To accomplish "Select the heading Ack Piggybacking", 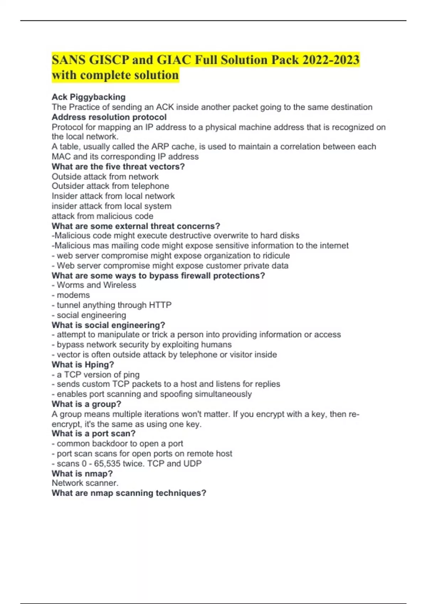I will pos(89,97).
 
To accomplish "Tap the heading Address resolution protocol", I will pos(109,117).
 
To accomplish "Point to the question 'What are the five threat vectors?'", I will pos(118,167).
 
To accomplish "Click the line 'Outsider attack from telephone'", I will pos(110,186).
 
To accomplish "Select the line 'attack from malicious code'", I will pos(102,216).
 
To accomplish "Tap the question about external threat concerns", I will pos(136,226).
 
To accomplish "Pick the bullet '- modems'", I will pos(71,295).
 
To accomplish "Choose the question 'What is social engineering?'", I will pos(108,325).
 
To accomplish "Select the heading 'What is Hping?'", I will pos(83,365).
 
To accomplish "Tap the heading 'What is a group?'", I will pos(86,404).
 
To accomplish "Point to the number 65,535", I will pos(107,464).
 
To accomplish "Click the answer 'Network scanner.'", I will pos(85,483).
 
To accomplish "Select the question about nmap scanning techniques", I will pos(129,493).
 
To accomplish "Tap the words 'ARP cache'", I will pos(173,147).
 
